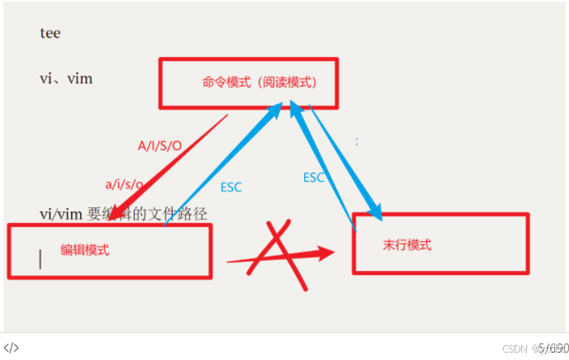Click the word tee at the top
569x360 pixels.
coord(50,34)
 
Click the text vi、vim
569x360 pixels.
coord(66,79)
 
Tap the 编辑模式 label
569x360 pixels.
coord(85,249)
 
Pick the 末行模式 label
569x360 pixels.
coord(407,245)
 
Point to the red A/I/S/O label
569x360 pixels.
coord(159,145)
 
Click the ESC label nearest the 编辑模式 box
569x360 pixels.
coord(231,187)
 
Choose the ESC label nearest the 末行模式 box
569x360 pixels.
coord(314,178)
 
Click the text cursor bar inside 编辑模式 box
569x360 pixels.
coord(40,259)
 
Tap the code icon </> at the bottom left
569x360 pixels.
coord(12,348)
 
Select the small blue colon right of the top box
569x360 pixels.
coord(357,141)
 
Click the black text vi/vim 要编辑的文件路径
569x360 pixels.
coord(123,215)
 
